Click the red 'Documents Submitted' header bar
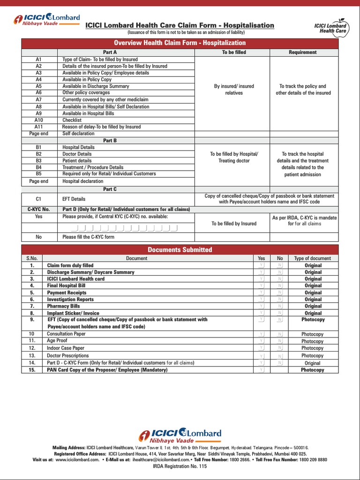(180, 250)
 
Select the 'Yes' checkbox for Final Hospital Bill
(261, 285)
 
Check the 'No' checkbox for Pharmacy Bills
(279, 306)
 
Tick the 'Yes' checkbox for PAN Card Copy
(261, 370)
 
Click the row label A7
(38, 100)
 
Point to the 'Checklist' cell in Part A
(72, 120)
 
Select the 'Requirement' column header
(302, 52)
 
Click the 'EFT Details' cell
(74, 199)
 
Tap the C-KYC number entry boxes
(124, 228)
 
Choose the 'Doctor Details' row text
(77, 154)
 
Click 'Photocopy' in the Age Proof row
(312, 341)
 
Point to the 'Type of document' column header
(312, 258)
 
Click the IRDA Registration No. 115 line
(180, 466)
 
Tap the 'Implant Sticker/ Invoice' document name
(73, 313)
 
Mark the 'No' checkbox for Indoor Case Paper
(279, 348)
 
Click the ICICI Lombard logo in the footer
(180, 435)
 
